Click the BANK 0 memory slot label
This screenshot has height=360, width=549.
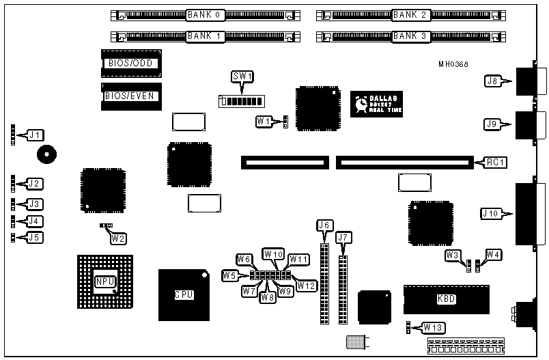[204, 14]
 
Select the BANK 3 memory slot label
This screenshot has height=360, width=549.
[410, 36]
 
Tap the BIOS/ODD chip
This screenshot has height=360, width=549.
[130, 64]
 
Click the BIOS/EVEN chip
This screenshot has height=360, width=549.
[129, 96]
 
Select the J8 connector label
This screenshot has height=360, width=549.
[492, 81]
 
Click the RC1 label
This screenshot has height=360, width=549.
[494, 163]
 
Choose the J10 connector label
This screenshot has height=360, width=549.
[491, 213]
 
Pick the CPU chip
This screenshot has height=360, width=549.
[184, 295]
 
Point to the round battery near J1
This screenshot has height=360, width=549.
[46, 155]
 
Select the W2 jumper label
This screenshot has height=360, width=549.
[119, 238]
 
